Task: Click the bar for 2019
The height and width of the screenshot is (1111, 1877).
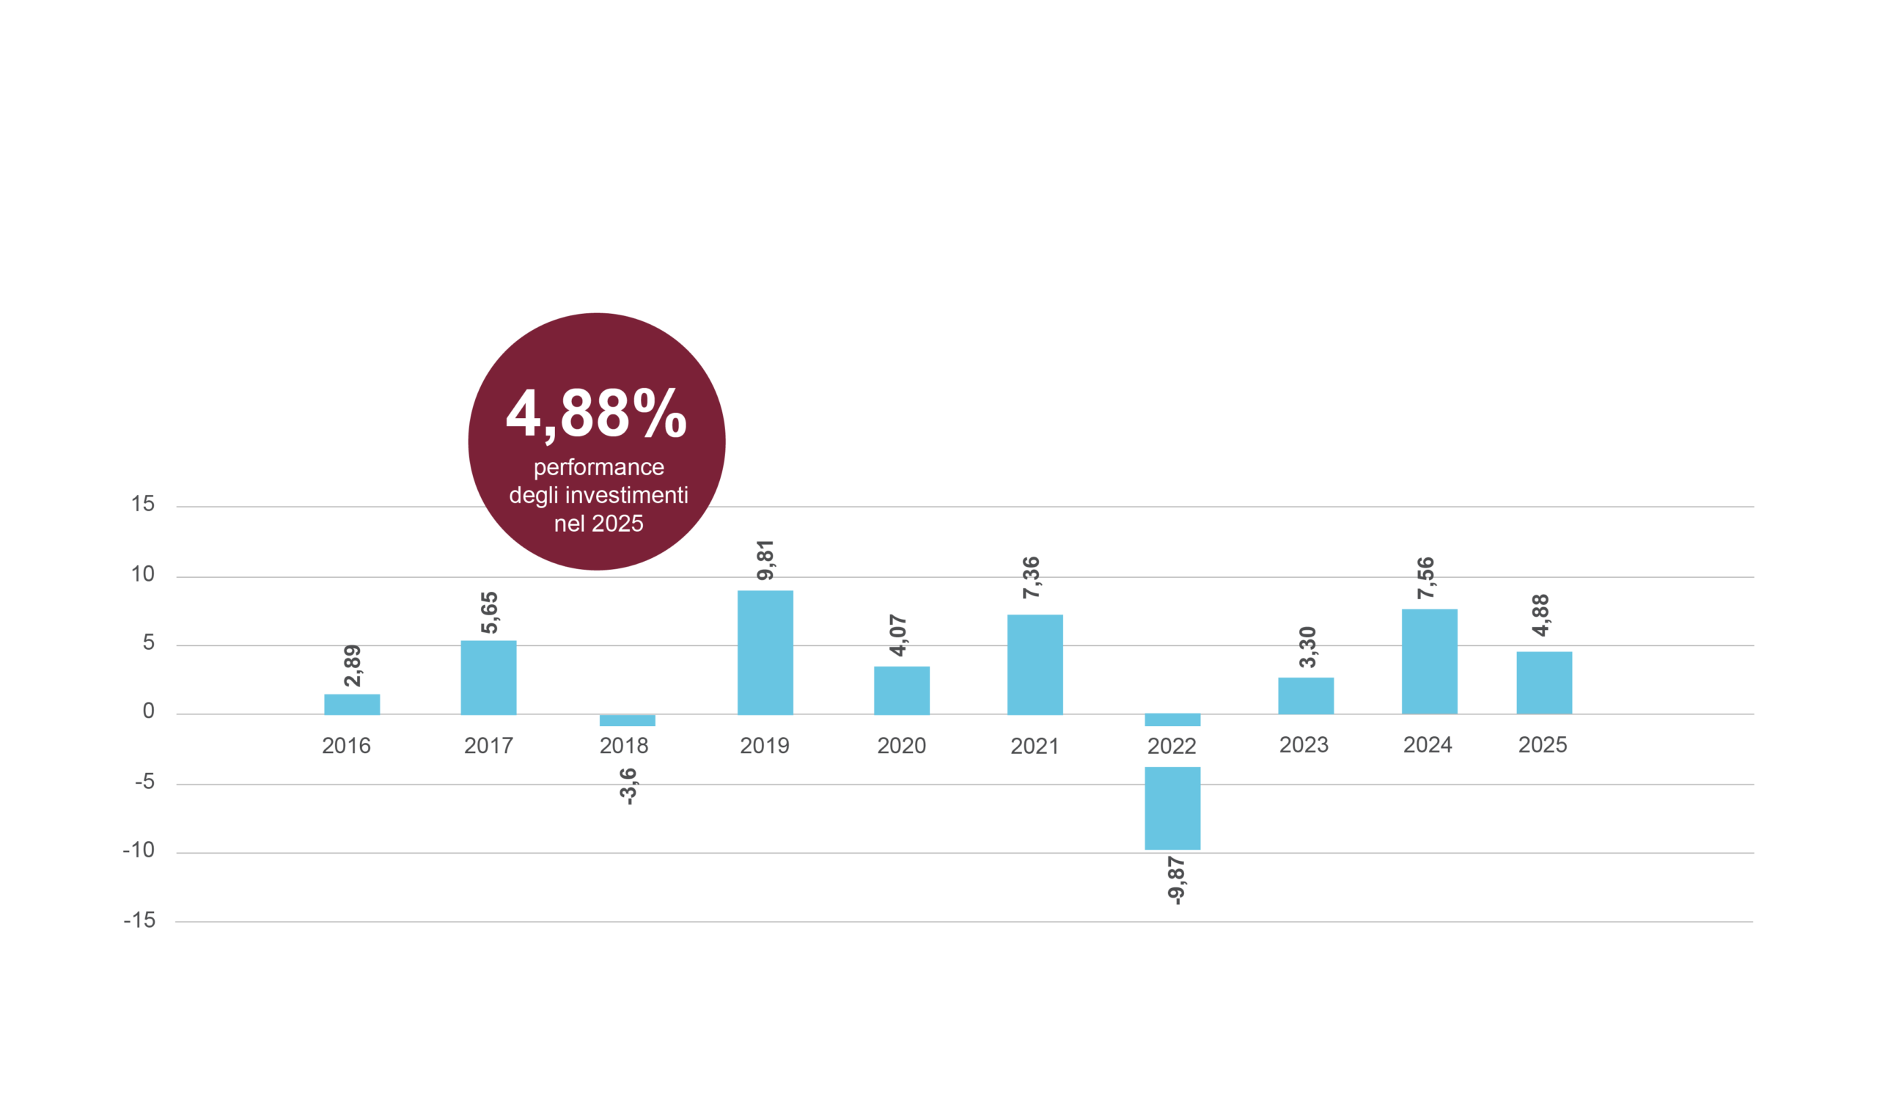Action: (765, 652)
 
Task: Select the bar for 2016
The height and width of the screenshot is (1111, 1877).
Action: (352, 705)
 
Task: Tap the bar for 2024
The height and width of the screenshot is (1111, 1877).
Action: (1430, 661)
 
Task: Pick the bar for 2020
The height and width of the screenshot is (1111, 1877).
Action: (902, 690)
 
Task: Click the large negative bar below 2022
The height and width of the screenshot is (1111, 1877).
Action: (1172, 809)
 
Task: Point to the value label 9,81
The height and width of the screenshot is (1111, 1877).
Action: (765, 561)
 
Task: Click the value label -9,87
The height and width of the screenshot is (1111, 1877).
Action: (1176, 881)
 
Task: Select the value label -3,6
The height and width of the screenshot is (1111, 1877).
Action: (628, 786)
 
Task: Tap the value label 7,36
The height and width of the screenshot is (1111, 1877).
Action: (1032, 577)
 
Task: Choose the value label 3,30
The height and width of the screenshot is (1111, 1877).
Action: (1307, 647)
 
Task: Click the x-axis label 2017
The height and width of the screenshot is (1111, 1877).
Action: (489, 746)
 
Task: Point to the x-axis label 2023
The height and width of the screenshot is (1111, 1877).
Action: (1304, 745)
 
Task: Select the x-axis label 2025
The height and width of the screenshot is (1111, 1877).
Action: (1543, 745)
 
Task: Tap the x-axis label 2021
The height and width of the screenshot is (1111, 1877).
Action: (1035, 747)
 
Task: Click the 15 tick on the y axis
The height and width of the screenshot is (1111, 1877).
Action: (143, 504)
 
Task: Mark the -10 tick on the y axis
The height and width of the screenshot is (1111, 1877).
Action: (139, 851)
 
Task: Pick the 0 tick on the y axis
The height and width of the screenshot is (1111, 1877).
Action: (148, 711)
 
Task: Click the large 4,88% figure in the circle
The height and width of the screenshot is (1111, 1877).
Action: (597, 414)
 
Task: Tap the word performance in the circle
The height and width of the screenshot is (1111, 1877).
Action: (599, 468)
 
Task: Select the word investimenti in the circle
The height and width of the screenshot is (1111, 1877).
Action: (626, 495)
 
